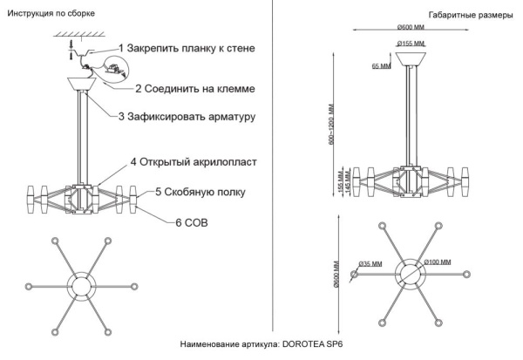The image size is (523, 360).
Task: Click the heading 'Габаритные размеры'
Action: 471,16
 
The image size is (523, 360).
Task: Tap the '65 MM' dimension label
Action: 381,65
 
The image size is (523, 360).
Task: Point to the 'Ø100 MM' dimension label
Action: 438,262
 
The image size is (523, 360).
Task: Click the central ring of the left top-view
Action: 82,289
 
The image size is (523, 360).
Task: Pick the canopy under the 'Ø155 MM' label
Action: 409,58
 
